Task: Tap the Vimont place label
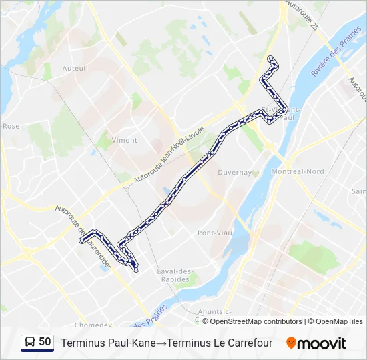(x=125, y=140)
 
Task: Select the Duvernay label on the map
(x=234, y=172)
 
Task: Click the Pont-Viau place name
(x=214, y=233)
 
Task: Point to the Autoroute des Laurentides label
(x=83, y=237)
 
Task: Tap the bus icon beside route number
(x=30, y=343)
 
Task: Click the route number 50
(x=45, y=342)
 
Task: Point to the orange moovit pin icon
(x=291, y=343)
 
